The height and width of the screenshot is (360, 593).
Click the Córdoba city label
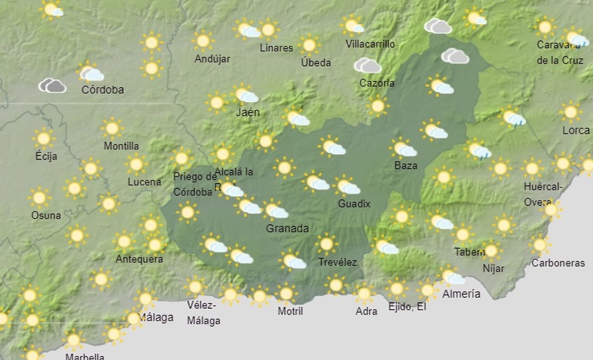click(102, 90)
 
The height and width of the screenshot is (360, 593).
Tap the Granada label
click(287, 228)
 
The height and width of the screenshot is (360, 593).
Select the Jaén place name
click(248, 112)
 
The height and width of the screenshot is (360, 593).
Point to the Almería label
click(461, 294)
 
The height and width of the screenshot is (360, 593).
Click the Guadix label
click(354, 204)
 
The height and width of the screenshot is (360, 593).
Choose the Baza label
click(405, 165)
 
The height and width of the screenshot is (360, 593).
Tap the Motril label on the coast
click(290, 311)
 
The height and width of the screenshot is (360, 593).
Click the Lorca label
click(576, 131)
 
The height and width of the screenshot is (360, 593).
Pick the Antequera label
click(139, 259)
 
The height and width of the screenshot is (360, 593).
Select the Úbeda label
click(316, 63)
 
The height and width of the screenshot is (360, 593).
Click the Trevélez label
click(337, 262)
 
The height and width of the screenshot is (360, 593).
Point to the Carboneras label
click(558, 263)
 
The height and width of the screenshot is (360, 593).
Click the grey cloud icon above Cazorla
click(367, 66)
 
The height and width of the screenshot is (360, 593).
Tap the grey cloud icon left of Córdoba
click(53, 85)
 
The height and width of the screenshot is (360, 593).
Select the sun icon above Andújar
click(203, 41)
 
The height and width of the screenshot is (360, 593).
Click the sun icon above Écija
click(43, 139)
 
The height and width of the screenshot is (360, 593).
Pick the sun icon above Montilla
click(112, 128)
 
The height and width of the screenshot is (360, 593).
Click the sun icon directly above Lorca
click(570, 112)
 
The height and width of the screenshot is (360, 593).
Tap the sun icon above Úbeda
click(309, 45)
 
